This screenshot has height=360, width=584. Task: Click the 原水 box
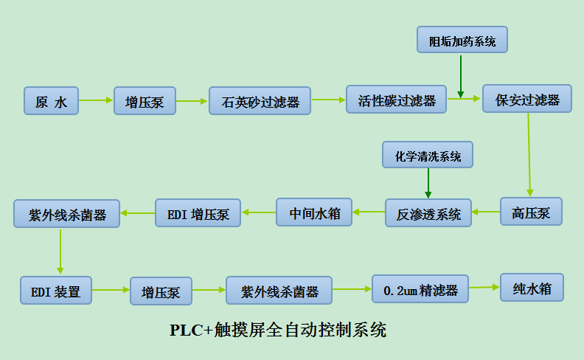point(51,101)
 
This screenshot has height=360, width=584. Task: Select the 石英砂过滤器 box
point(260,101)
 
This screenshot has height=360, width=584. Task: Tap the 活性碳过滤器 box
point(397,100)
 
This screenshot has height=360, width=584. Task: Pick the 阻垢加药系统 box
point(462,40)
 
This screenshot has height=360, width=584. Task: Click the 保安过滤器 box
point(527,99)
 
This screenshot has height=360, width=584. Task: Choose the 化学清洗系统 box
point(428,156)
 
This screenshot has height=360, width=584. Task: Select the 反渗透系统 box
point(428,213)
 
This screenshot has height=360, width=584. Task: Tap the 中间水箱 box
point(314,212)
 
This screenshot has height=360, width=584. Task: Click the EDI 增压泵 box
point(198,213)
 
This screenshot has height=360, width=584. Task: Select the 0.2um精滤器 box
point(420,290)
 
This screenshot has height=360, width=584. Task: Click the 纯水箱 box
point(532,288)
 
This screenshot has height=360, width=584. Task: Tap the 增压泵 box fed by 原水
point(145,101)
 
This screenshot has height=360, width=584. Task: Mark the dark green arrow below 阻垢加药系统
point(461,75)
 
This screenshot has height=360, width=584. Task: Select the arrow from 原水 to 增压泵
point(96,100)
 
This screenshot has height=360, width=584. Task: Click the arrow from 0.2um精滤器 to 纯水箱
point(484,288)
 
